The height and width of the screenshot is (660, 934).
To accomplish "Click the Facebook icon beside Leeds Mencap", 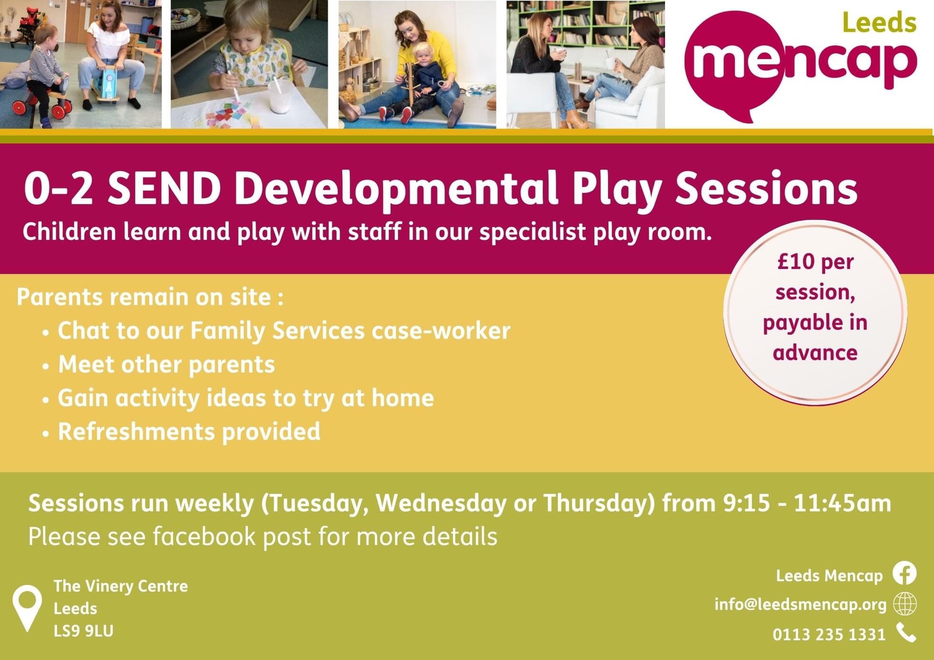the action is point(904,574).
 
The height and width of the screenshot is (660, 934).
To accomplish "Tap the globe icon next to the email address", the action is point(905,604).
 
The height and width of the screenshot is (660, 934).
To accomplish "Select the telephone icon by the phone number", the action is point(906,633).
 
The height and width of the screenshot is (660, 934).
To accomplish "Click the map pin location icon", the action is point(28,608).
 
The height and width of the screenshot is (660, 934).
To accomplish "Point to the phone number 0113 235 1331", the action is point(829,634).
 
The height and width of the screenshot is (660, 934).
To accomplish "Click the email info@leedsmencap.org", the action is point(800,604).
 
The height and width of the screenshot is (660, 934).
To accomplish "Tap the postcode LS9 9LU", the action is point(84,631).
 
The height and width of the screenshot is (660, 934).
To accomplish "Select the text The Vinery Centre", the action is point(121,586).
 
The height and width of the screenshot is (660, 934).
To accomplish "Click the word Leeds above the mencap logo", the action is point(879,23).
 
